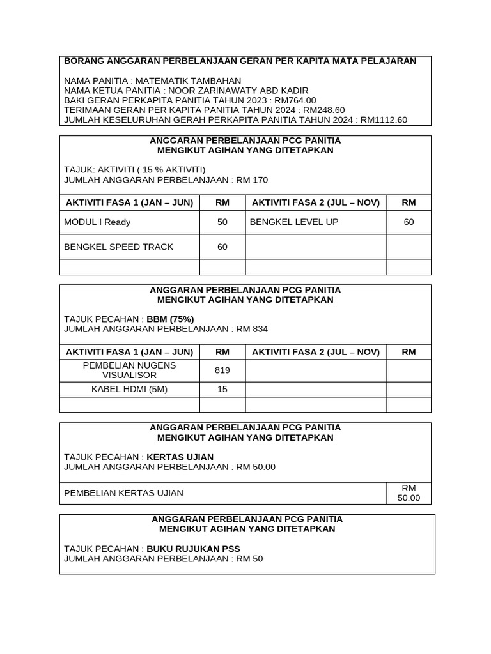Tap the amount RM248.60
[x=323, y=110]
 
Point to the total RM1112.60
[x=384, y=119]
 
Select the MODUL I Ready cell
[x=97, y=222]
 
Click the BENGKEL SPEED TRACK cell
[x=119, y=247]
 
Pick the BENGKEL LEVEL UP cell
[x=294, y=222]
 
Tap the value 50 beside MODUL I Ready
[x=222, y=222]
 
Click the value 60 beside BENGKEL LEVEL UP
[x=409, y=222]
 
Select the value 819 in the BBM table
[x=222, y=370]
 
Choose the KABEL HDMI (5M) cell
[x=130, y=389]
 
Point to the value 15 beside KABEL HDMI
[x=222, y=389]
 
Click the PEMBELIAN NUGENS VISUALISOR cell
[x=130, y=370]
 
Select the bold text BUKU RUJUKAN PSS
[x=193, y=549]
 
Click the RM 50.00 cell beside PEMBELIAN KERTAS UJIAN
[x=409, y=493]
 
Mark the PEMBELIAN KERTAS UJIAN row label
[x=124, y=493]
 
